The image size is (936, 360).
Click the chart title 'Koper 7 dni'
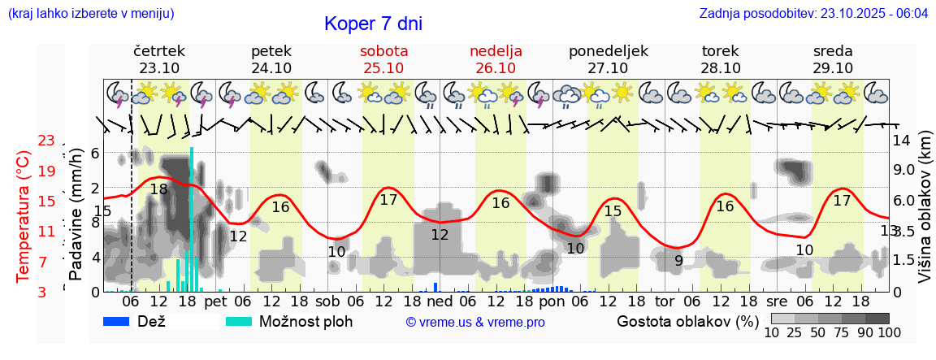(373, 24)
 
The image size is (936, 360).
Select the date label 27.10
(608, 68)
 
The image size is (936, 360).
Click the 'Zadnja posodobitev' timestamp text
(813, 14)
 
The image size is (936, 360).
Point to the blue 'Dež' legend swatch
(122, 321)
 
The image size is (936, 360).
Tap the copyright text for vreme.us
(474, 323)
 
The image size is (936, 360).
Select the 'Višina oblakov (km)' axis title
(925, 215)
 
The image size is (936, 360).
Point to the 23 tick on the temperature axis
(46, 141)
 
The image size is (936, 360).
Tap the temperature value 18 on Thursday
(158, 189)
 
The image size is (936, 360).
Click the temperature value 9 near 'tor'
(678, 261)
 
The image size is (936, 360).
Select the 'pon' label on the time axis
(551, 301)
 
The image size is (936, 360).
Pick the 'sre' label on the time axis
(778, 301)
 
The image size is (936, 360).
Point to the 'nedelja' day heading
(496, 50)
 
